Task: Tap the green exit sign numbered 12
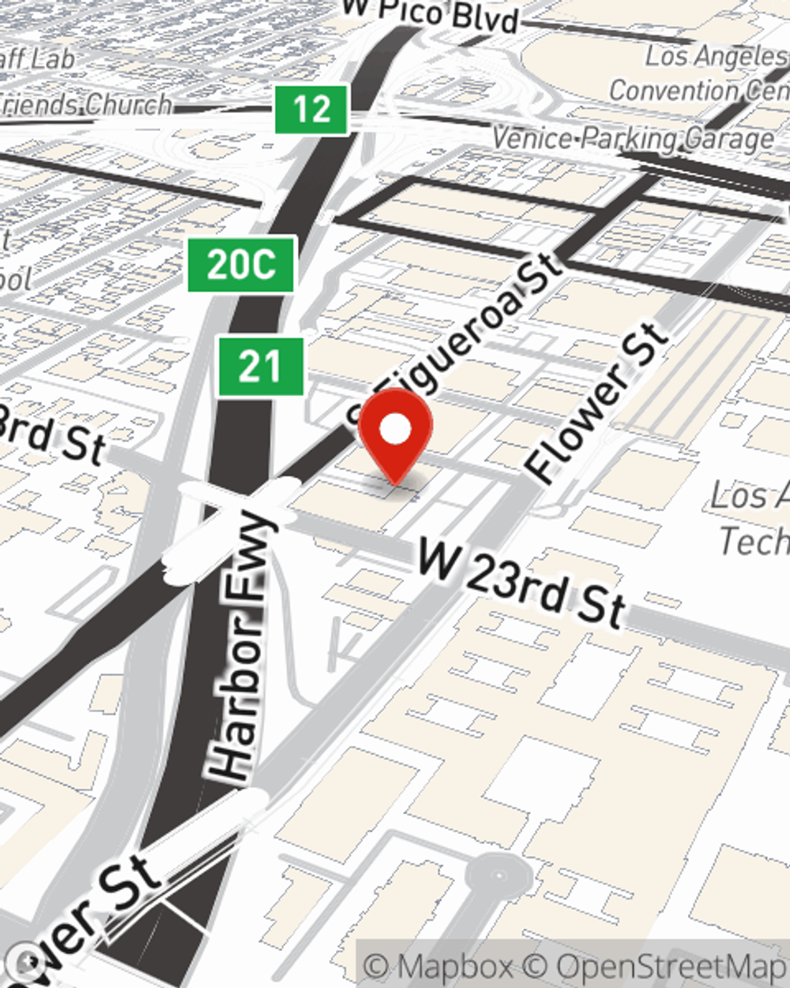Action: click(x=311, y=109)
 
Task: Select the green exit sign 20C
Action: click(x=241, y=264)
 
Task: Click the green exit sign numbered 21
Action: click(x=261, y=366)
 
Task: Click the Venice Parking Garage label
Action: click(x=632, y=140)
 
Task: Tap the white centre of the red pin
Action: click(x=395, y=430)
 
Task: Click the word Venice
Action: click(x=532, y=138)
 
